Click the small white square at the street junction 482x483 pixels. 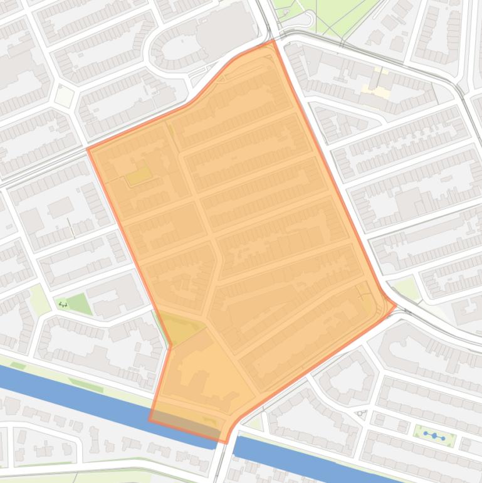[x=64, y=96]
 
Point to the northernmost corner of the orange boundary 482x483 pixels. [x=273, y=41]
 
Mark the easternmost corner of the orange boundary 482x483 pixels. [x=396, y=305]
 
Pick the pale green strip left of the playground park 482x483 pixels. [x=39, y=300]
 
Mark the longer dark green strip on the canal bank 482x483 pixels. [x=85, y=385]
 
